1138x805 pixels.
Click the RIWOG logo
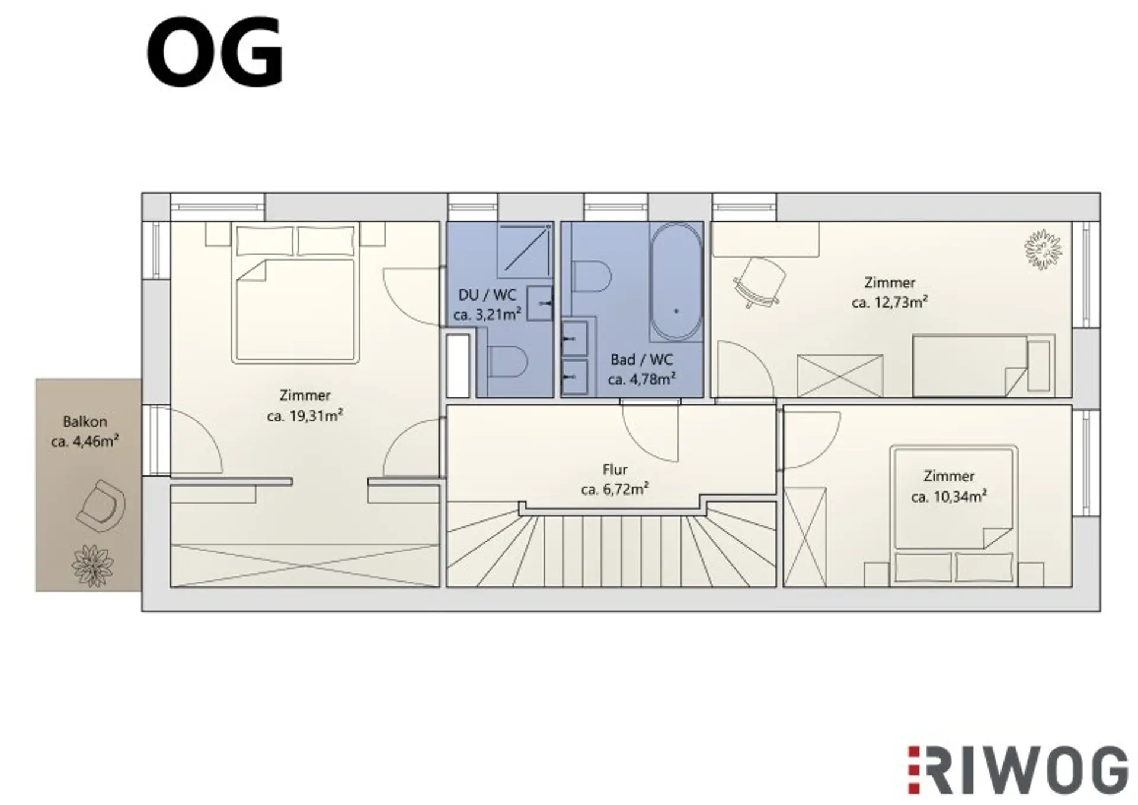click(x=1018, y=770)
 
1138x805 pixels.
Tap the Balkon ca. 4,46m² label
click(x=85, y=432)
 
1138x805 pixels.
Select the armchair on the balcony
click(x=101, y=505)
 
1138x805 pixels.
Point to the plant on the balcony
click(x=92, y=566)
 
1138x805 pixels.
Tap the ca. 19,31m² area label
click(x=305, y=416)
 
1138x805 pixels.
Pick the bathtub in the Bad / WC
click(x=676, y=282)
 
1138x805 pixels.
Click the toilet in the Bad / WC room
click(x=592, y=276)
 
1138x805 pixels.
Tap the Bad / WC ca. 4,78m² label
click(x=641, y=369)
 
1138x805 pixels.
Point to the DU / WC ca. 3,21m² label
click(x=487, y=305)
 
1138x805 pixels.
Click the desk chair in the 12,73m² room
click(x=759, y=283)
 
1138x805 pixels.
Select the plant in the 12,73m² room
click(x=1043, y=249)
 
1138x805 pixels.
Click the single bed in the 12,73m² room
click(x=983, y=366)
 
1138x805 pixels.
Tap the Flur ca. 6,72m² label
click(x=615, y=480)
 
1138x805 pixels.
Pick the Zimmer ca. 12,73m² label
click(x=889, y=292)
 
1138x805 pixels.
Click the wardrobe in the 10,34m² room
click(x=805, y=536)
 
